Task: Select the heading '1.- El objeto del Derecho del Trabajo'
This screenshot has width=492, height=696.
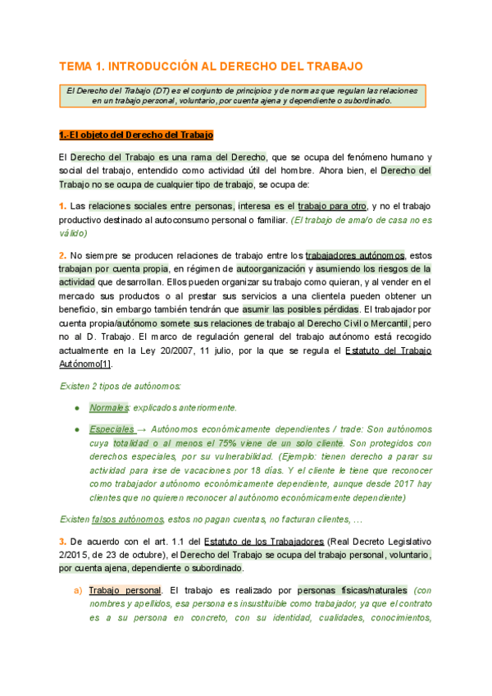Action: pos(136,135)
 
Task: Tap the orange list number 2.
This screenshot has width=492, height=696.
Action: pos(63,255)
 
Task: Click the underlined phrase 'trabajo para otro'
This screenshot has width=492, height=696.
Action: pos(333,206)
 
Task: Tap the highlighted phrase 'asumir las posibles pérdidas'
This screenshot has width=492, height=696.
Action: pos(300,309)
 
